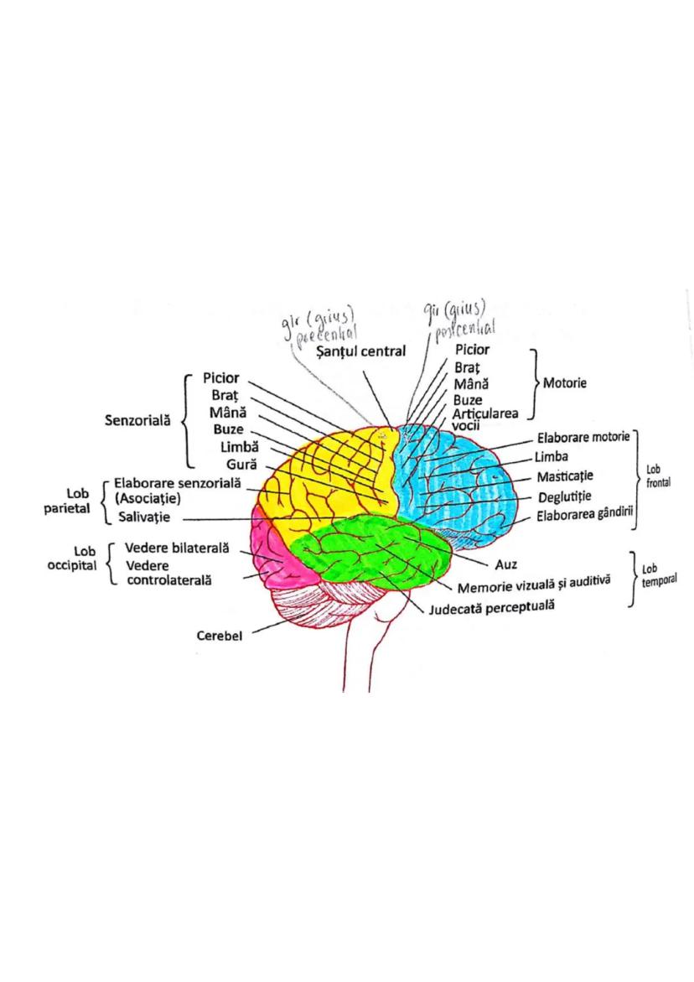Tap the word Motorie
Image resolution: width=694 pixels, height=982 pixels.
(565, 383)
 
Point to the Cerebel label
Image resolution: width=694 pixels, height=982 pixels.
(220, 636)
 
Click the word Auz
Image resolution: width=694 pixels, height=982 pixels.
(505, 562)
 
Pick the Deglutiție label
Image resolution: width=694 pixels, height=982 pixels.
(565, 497)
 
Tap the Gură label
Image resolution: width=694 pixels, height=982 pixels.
(241, 465)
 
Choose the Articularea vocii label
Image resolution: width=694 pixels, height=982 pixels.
(485, 419)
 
